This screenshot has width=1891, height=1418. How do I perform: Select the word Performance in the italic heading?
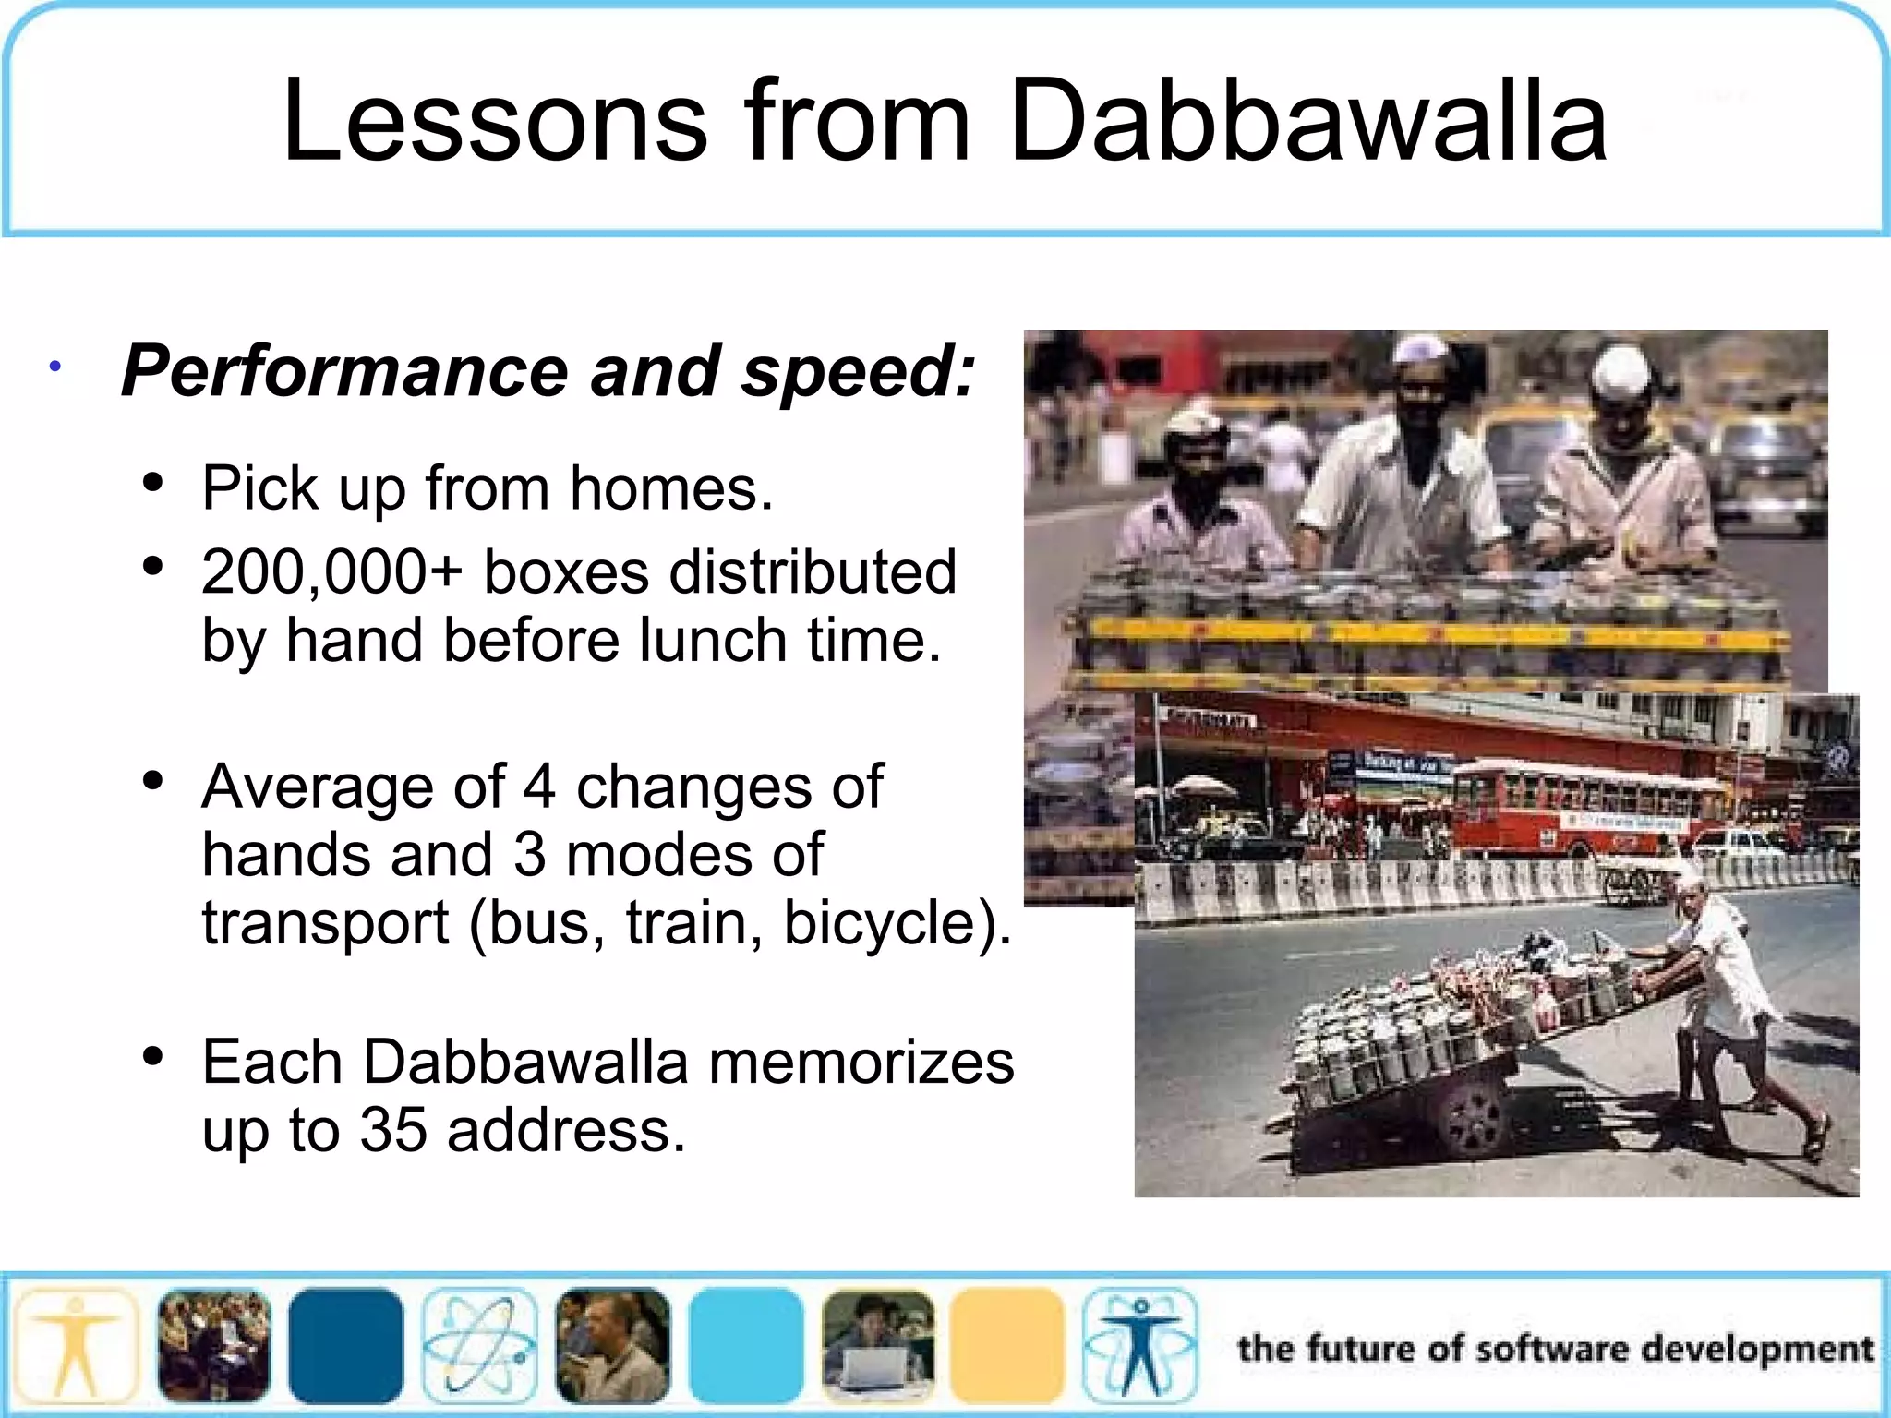coord(343,371)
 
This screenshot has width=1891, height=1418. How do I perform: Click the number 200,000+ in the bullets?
coord(331,572)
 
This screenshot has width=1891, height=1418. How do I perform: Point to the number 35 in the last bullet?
coord(393,1130)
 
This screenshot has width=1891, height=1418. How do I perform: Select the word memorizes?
coord(861,1063)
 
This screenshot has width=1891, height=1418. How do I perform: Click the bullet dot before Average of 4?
coord(153,782)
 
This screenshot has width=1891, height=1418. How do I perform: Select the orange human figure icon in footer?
coord(76,1346)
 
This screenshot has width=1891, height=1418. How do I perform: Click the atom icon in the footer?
coord(479,1346)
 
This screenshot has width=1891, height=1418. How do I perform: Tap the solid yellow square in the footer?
coord(1008,1346)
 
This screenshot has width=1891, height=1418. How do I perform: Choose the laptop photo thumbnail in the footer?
coord(877,1346)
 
